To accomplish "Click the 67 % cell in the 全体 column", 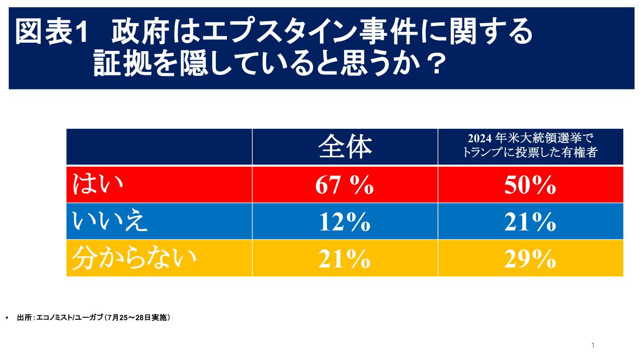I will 345,185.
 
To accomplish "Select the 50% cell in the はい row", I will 530,185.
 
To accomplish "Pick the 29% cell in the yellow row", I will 530,259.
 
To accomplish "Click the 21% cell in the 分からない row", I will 345,259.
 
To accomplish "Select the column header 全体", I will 345,146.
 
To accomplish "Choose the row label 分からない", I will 133,258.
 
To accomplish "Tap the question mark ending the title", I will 430,64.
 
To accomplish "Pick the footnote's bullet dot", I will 7,318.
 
